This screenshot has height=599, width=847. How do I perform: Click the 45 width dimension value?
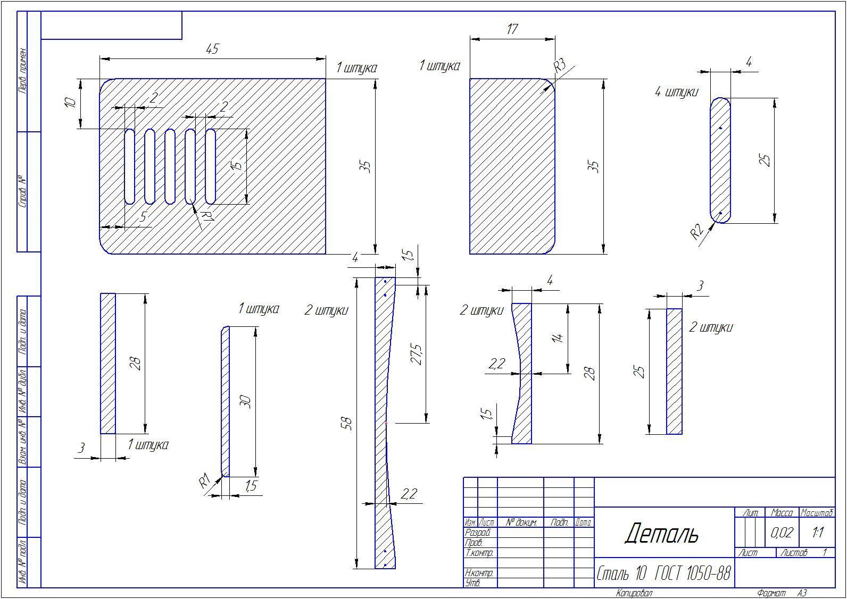[212, 49]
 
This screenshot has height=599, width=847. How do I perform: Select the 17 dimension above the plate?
[512, 29]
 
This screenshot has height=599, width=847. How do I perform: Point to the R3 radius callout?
[559, 65]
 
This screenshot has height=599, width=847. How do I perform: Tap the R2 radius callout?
[697, 232]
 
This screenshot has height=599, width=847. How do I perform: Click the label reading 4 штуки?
[676, 92]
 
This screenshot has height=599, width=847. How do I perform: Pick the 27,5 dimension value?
[416, 354]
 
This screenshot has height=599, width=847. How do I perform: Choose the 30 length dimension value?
[245, 401]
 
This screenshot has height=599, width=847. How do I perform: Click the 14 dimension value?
[558, 338]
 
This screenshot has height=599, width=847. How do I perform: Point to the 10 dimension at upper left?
[70, 103]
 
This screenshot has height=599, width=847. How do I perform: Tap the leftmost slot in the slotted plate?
[129, 166]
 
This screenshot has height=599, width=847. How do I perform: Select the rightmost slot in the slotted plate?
[210, 166]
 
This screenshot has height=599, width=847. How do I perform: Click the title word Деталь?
[661, 533]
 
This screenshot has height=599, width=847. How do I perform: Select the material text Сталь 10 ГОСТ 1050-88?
[663, 573]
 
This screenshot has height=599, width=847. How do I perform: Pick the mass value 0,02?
[781, 532]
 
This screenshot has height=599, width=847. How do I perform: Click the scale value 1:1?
[818, 532]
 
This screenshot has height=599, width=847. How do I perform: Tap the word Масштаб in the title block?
[817, 513]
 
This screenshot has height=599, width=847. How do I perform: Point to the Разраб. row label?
[477, 533]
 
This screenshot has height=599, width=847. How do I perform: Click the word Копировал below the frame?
[634, 593]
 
